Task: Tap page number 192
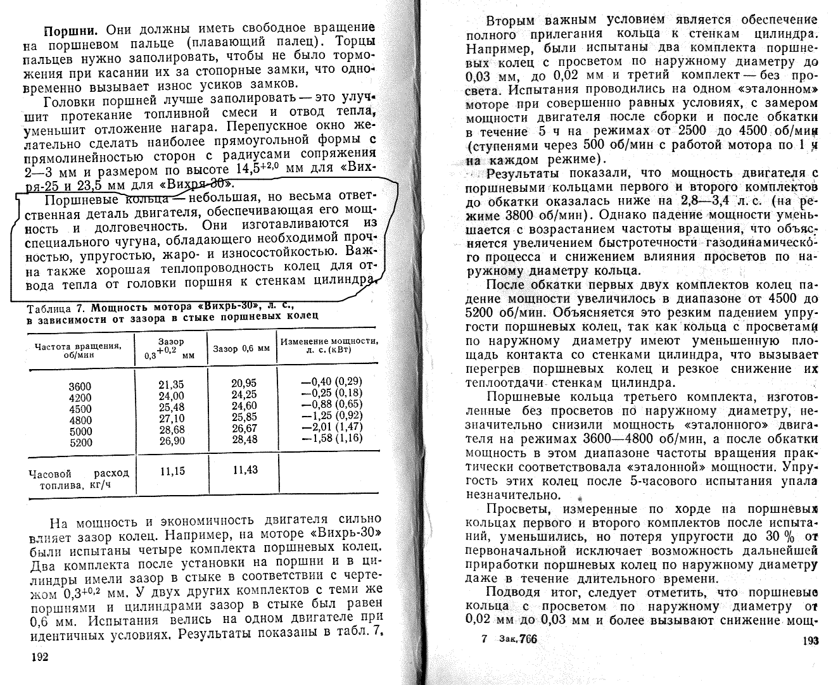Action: (x=39, y=657)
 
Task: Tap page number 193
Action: (x=809, y=641)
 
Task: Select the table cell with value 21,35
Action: (x=171, y=386)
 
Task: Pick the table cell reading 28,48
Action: (x=244, y=439)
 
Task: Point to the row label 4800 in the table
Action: (x=80, y=420)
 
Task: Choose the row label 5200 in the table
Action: (x=80, y=443)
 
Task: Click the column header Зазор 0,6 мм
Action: (x=241, y=349)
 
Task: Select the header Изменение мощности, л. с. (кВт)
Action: (x=329, y=345)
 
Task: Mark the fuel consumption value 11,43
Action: (x=245, y=470)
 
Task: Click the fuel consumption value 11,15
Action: (x=172, y=471)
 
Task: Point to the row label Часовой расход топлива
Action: (x=79, y=479)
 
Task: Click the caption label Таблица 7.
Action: (x=56, y=308)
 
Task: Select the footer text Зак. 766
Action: (x=517, y=639)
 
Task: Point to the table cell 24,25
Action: (x=244, y=395)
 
